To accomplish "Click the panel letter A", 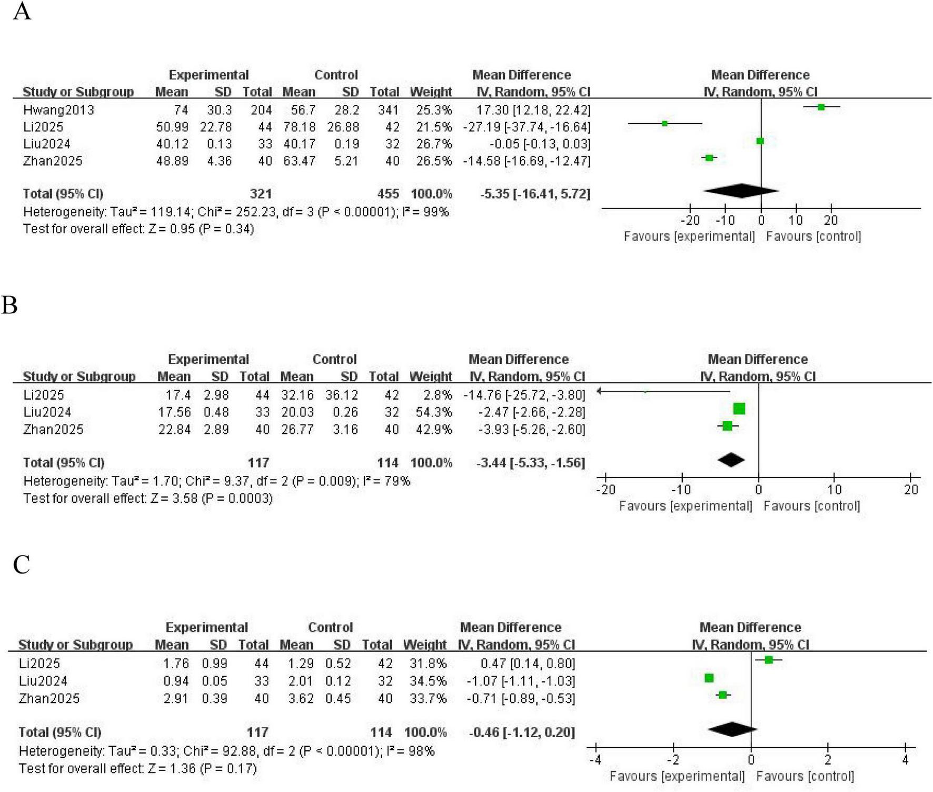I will coord(22,12).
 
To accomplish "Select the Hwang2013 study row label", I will coord(58,110).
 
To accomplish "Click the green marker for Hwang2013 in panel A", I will coord(821,107).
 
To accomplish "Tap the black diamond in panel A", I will coord(741,191).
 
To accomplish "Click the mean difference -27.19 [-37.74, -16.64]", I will coord(527,127).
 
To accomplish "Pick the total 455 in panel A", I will coord(388,194).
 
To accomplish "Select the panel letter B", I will coord(10,305).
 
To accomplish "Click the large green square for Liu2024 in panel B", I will coord(739,409).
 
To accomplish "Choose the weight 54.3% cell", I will coord(434,412).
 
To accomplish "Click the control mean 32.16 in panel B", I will coord(296,395).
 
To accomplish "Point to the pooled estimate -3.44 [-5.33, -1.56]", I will coord(530,463).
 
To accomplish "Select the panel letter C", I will coord(21,565).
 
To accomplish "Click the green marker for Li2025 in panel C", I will coord(769,660).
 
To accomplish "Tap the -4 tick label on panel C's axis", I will coord(595,760).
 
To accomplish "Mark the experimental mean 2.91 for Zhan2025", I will coord(175,698).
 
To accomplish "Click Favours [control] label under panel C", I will coord(805,776).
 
